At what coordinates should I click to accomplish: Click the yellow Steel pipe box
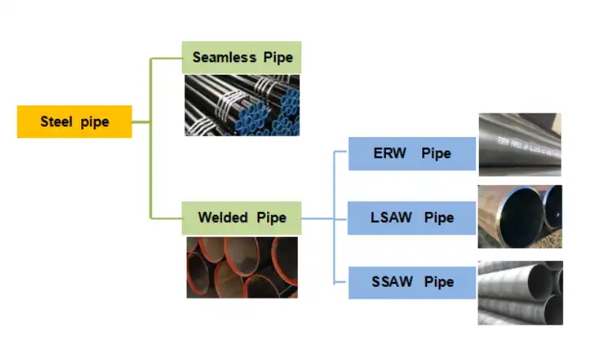point(74,121)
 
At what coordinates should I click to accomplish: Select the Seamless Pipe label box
point(242,58)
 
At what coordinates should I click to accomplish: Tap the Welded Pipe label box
point(242,217)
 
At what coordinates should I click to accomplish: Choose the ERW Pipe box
point(412,154)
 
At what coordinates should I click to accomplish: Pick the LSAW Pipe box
point(412,217)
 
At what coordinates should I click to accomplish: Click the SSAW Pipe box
point(412,281)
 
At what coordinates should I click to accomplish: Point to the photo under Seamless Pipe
point(242,105)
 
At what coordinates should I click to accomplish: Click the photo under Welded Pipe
point(242,267)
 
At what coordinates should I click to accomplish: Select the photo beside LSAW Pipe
point(519,217)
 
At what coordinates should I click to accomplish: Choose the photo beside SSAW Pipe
point(519,292)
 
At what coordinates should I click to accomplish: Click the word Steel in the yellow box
point(56,121)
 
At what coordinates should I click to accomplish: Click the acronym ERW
point(390,154)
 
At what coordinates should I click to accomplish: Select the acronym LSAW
point(392,217)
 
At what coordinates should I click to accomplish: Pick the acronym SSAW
point(392,281)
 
